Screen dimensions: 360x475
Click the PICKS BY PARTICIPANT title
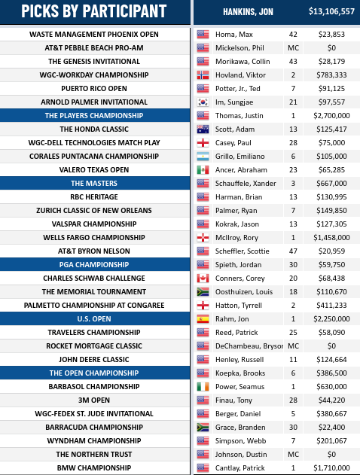click(94, 12)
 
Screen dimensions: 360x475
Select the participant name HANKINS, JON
click(249, 12)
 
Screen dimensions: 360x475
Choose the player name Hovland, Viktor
click(240, 75)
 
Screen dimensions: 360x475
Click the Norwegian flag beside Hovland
click(203, 75)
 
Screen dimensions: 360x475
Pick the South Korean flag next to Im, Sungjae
click(203, 102)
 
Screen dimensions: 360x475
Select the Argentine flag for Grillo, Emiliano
click(203, 156)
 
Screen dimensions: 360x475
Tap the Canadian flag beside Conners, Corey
click(203, 278)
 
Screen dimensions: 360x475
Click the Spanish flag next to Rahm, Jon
click(203, 318)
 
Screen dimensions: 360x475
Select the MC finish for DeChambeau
click(293, 346)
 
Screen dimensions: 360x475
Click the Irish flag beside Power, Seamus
click(203, 386)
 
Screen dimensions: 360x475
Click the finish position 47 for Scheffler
click(293, 251)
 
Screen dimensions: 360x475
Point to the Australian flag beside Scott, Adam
click(203, 129)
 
